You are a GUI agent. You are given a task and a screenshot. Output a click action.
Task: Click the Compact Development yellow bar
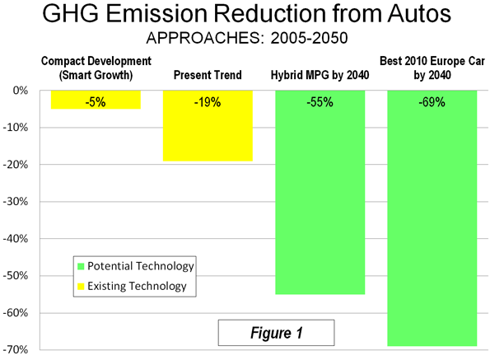[96, 100]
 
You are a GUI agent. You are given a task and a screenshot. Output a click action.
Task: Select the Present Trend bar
[208, 125]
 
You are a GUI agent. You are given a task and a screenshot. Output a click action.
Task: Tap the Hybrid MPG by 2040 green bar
[320, 192]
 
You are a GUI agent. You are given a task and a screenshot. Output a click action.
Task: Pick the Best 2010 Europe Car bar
[432, 218]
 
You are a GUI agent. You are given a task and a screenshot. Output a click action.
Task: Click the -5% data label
[96, 102]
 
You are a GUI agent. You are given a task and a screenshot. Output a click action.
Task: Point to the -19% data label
[208, 102]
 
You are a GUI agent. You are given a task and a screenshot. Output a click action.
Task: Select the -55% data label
[320, 102]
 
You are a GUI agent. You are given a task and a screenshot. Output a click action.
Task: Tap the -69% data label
[432, 102]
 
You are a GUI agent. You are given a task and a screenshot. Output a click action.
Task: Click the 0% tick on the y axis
[21, 91]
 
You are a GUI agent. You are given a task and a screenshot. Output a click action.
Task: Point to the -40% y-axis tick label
[16, 239]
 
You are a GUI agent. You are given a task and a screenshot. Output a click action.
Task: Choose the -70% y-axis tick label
[16, 349]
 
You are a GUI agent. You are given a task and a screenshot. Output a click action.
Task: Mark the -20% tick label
[16, 165]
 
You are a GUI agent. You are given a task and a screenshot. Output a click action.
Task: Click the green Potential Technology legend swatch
[81, 266]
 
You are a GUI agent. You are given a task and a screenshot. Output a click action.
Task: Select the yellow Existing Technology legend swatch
[81, 286]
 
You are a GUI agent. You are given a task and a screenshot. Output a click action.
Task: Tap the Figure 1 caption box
[276, 333]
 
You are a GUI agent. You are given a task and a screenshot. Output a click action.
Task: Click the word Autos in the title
[419, 13]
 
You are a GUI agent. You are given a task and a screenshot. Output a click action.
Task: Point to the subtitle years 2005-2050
[309, 38]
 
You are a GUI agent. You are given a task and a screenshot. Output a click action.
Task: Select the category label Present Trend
[208, 75]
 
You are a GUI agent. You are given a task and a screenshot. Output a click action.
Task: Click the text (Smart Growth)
[96, 75]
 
